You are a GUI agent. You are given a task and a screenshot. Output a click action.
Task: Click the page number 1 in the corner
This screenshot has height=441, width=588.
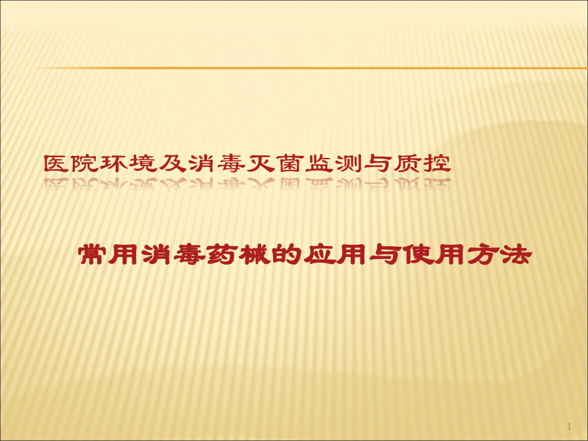pos(569,426)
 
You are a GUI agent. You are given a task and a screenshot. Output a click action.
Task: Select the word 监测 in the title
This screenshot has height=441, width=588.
pos(334,164)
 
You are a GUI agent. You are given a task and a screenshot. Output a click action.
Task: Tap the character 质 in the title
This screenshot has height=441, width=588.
pos(408,164)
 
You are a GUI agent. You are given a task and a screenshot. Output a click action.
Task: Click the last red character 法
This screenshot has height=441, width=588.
pos(516,255)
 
